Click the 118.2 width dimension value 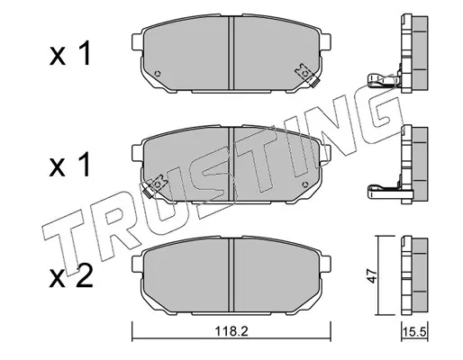[231, 331]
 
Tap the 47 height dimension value [372, 275]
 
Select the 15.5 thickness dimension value [415, 332]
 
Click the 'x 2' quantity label [71, 276]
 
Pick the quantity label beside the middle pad [70, 165]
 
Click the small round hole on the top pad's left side [158, 74]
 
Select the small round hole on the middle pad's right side [304, 184]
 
